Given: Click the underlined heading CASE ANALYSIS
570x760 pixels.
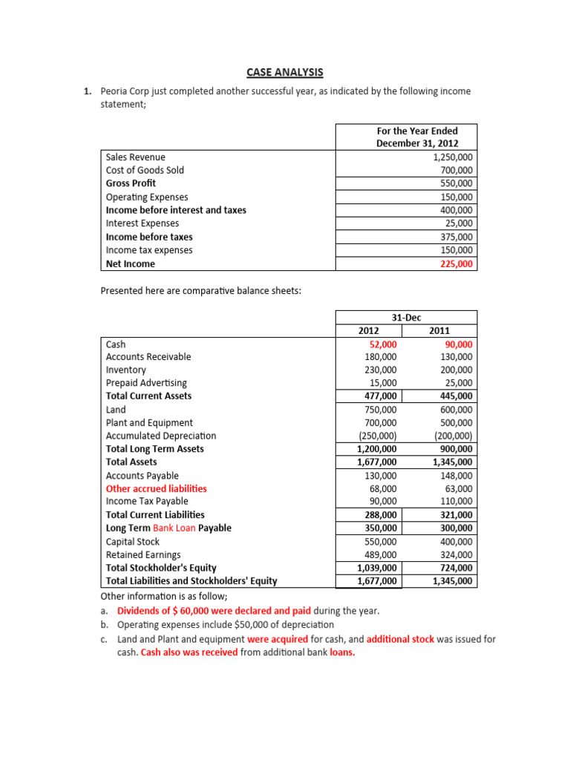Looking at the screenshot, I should (285, 72).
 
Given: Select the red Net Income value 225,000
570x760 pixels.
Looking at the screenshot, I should (456, 263).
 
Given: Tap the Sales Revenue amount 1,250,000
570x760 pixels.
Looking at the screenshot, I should (452, 157).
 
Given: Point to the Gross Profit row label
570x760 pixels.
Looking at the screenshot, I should (131, 183).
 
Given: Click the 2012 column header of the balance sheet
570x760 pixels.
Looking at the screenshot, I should (368, 330).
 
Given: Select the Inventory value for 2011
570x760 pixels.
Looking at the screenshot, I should (456, 370).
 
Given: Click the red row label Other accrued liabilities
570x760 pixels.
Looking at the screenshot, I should (157, 488).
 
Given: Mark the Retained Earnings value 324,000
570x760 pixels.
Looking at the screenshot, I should (456, 554).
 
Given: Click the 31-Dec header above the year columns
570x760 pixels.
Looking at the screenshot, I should (406, 317).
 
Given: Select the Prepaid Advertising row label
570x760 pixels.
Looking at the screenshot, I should (146, 383).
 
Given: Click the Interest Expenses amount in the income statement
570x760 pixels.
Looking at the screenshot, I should (459, 223).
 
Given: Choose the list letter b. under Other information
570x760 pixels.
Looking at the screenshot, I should (105, 625).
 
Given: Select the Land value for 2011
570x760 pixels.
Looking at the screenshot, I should (456, 410).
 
